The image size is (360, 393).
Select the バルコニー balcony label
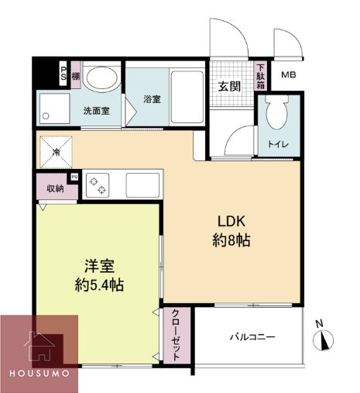252,337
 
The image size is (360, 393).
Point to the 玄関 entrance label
228,86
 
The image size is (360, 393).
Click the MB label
288,75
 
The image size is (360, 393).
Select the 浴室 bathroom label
151,99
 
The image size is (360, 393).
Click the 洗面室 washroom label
96,110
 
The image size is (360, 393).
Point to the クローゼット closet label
176,334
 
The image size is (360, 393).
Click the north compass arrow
325,340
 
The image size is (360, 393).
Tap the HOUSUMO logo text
40,373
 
